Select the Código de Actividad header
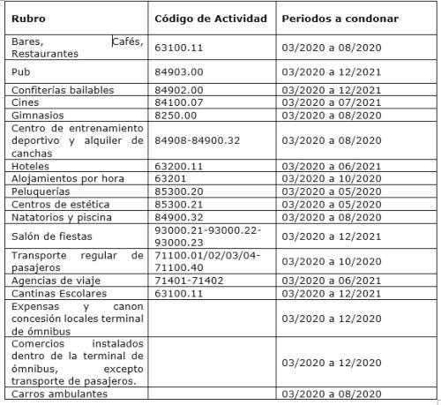click(x=210, y=18)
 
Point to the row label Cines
click(x=26, y=102)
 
